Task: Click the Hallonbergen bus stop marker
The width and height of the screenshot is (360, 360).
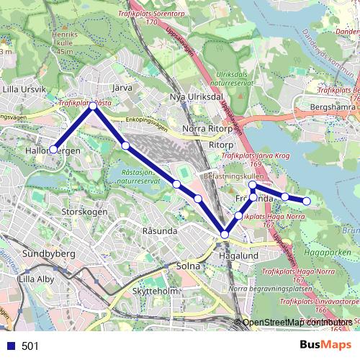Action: tap(53, 149)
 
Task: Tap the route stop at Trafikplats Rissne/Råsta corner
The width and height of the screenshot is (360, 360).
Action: tap(93, 107)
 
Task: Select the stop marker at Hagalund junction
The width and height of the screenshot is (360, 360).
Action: tap(225, 234)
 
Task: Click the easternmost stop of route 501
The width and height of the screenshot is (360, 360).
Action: tap(307, 202)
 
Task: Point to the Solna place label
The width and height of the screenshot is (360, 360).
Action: tap(187, 266)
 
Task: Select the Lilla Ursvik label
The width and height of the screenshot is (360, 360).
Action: tap(24, 89)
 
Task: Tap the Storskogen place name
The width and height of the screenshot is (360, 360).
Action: tap(85, 212)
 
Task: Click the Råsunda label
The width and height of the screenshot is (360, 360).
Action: tap(160, 231)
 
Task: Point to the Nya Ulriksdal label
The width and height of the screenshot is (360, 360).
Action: tap(193, 96)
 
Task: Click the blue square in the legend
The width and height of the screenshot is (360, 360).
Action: tap(10, 346)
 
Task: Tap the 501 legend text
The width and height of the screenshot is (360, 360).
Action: tap(30, 346)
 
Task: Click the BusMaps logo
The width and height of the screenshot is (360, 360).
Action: tap(325, 346)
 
